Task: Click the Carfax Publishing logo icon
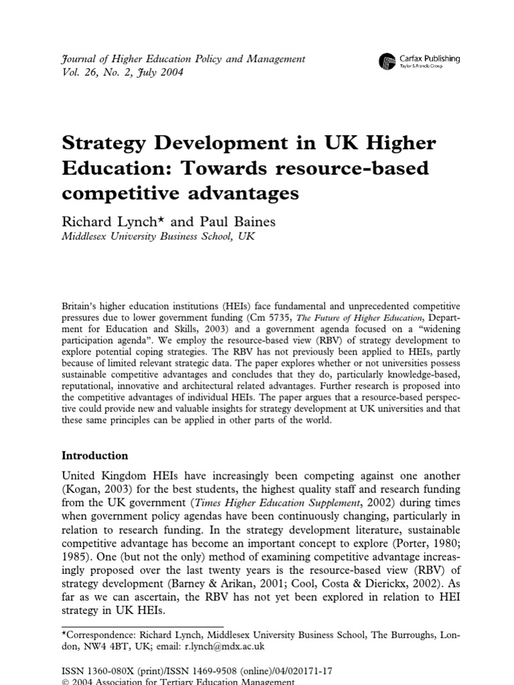pos(386,62)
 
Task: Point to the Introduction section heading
pos(94,456)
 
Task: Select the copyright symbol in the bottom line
pos(65,682)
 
